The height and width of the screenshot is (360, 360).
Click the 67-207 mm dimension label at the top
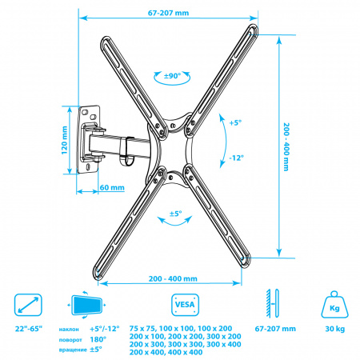(x=168, y=13)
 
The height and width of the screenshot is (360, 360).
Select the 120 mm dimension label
(x=65, y=140)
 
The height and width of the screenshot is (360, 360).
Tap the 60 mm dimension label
(x=112, y=187)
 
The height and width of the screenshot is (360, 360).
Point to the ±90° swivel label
(x=172, y=76)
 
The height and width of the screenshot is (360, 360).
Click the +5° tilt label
(x=235, y=123)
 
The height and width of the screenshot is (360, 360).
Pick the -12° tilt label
(x=236, y=158)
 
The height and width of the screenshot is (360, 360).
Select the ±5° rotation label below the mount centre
(x=175, y=214)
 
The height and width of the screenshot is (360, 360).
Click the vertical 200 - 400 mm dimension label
(x=286, y=147)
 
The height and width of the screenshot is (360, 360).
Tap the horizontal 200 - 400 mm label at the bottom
(x=173, y=278)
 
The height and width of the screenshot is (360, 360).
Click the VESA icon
(x=185, y=305)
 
